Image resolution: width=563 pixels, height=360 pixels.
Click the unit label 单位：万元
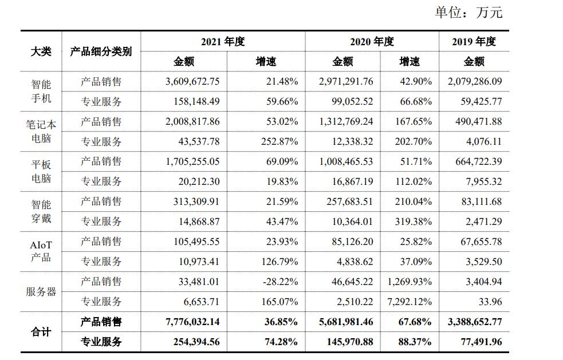[468, 12]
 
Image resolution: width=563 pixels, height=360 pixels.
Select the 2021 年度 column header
[223, 41]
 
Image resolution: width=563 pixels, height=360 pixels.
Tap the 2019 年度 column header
[474, 41]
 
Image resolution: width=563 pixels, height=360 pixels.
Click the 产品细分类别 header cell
[101, 51]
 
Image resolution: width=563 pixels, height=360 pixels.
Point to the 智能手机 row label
[41, 92]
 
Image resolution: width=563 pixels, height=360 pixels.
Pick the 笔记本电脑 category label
[41, 131]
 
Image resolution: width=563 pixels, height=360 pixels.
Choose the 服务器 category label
[41, 291]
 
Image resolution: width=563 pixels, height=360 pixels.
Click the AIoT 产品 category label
[41, 251]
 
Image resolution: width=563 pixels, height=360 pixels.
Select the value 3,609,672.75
[192, 81]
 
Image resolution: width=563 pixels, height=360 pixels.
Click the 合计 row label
[41, 332]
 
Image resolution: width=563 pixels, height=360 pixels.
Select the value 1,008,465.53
[346, 161]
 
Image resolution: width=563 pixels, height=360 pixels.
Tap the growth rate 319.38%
[413, 221]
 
